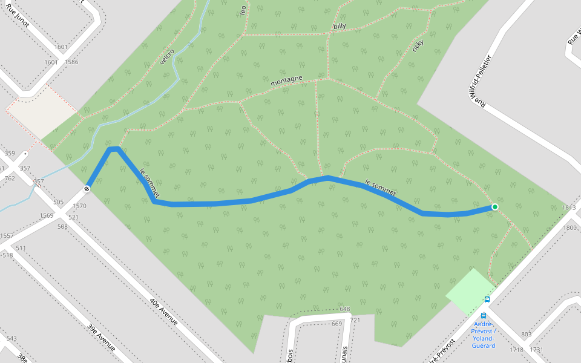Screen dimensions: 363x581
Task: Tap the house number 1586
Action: [71, 62]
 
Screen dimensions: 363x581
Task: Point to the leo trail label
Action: [243, 10]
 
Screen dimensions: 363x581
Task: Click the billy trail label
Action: [340, 26]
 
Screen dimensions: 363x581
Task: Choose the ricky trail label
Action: [418, 45]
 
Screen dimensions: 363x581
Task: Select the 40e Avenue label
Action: [163, 310]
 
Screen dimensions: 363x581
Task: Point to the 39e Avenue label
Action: [101, 337]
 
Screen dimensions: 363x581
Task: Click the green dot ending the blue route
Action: [494, 207]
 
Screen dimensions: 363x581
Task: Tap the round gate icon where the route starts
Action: [87, 188]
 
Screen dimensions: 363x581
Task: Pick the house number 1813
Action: [569, 208]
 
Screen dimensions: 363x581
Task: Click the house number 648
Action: [344, 309]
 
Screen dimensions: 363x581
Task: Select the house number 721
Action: [355, 320]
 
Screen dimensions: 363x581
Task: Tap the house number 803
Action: [525, 335]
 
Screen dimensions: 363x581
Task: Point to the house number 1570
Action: [80, 206]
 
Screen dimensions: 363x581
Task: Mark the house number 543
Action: [11, 338]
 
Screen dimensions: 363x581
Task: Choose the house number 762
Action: [10, 178]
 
